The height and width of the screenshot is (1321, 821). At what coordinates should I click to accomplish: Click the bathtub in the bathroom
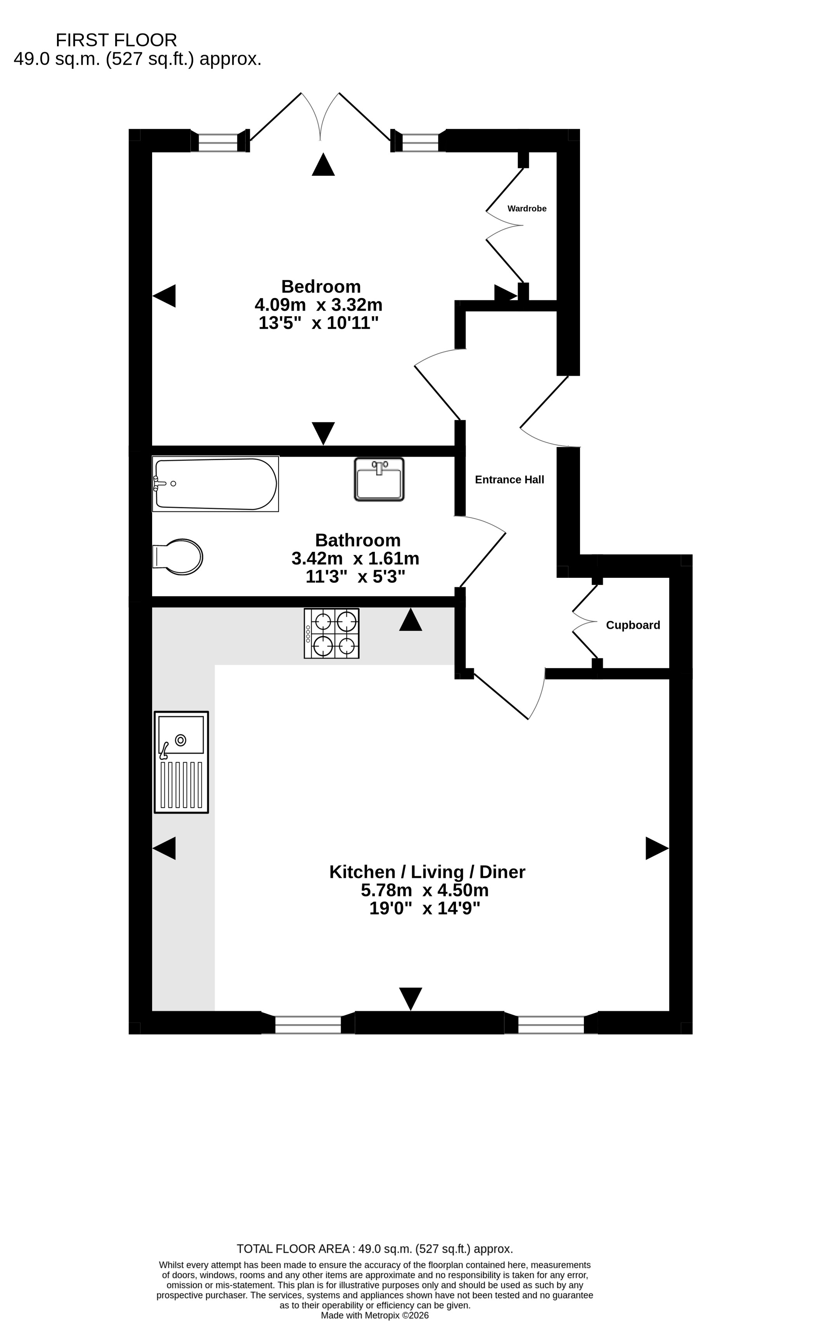[215, 484]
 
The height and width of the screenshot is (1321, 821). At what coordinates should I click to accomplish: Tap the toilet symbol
[178, 557]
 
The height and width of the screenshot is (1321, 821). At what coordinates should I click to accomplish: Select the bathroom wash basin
[379, 479]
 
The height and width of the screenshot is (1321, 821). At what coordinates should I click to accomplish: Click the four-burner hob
[331, 633]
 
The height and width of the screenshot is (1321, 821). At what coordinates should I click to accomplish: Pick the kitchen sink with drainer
[181, 762]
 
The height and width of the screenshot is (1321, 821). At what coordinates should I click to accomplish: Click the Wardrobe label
[527, 208]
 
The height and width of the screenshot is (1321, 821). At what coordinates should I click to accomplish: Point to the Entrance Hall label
[509, 479]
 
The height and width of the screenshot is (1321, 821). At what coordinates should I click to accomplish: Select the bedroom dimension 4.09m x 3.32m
[319, 305]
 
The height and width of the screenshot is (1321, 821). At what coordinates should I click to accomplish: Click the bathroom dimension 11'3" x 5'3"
[356, 576]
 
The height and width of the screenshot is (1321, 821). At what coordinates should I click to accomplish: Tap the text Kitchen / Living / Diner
[427, 872]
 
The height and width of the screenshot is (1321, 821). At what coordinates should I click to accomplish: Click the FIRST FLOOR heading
[116, 40]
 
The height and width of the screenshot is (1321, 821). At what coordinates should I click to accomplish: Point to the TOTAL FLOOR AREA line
[375, 1249]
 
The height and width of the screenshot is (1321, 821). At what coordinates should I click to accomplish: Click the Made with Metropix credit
[375, 1316]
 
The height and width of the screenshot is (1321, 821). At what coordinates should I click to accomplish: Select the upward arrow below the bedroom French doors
[323, 165]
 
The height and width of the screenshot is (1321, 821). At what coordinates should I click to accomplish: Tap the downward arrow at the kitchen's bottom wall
[410, 999]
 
